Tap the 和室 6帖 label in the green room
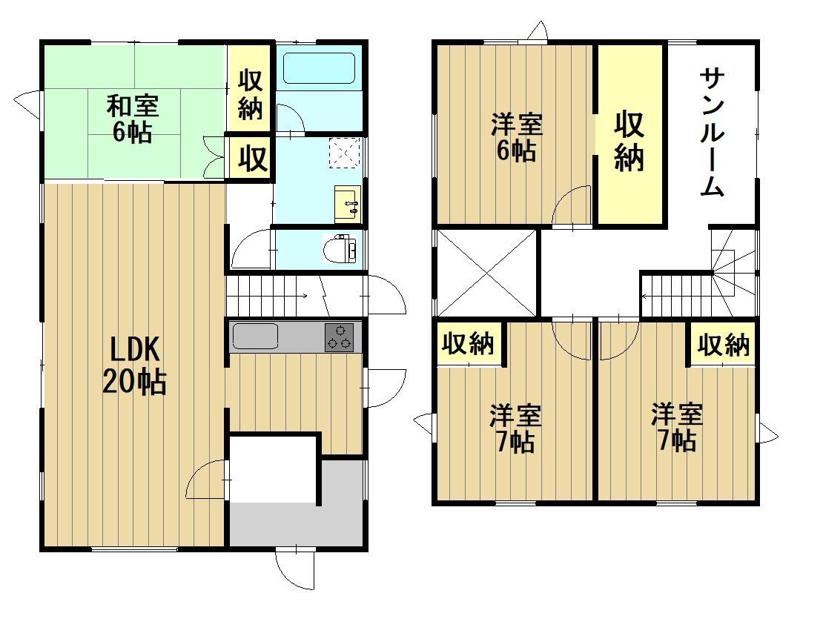pos(132,119)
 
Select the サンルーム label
pos(712,133)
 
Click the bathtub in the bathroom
pos(320,68)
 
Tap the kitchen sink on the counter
pos(255,337)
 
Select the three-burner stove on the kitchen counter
pos(340,337)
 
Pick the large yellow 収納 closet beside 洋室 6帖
pos(629,137)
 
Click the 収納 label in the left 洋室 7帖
pos(469,344)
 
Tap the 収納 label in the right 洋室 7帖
pos(724,344)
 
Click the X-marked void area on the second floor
pos(486,273)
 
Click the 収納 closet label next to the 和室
pos(250,95)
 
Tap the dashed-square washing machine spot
pos(346,153)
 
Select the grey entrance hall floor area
pos(297,523)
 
